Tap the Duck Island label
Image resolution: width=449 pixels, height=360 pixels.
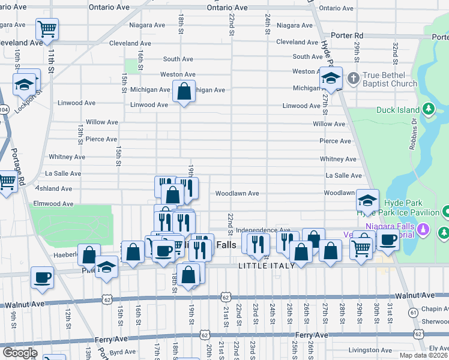pos(397,110)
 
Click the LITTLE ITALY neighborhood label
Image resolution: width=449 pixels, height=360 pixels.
pos(266,266)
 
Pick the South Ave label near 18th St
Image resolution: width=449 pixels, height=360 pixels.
pos(178,59)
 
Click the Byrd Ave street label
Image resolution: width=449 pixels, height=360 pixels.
pos(122,353)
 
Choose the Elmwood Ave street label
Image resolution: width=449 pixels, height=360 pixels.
pos(55,203)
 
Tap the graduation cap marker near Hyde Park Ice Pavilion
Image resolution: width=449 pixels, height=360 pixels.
pos(367,200)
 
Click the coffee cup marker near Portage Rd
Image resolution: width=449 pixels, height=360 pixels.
pos(42,277)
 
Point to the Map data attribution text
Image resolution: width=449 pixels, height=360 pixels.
pos(423,355)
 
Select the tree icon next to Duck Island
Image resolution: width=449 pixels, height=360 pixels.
pos(429,109)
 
